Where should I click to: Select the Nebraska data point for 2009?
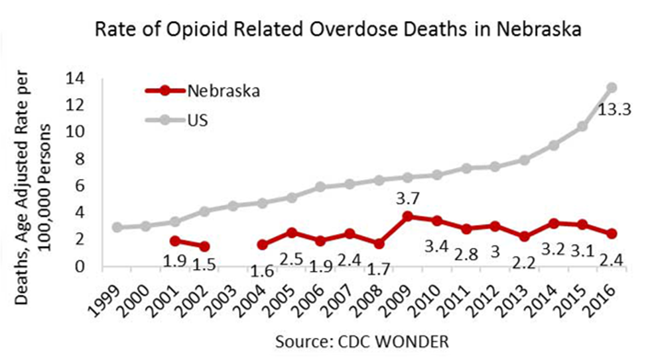(x=407, y=216)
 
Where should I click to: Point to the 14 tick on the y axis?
(x=78, y=78)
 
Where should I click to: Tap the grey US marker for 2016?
(x=612, y=87)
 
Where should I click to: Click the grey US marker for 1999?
(x=117, y=227)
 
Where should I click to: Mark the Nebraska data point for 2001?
(x=174, y=241)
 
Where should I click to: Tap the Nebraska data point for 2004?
(x=262, y=245)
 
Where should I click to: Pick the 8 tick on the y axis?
(x=82, y=159)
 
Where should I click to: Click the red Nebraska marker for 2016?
(x=612, y=233)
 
